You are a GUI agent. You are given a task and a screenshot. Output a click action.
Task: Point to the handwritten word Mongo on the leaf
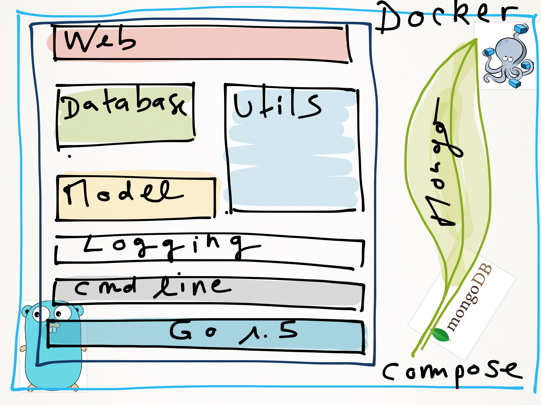pos(444,163)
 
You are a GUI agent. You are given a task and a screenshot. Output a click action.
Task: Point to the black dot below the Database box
pos(69,156)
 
